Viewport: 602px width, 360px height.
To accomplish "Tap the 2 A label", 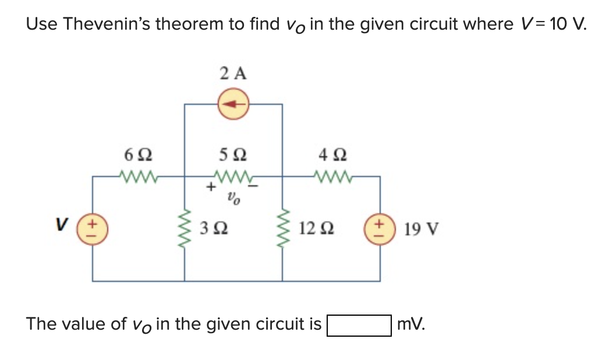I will click(233, 74).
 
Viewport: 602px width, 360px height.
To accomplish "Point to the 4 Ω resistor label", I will click(332, 155).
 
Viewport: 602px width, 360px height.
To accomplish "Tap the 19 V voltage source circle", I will click(380, 228).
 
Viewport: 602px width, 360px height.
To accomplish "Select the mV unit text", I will click(410, 324).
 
